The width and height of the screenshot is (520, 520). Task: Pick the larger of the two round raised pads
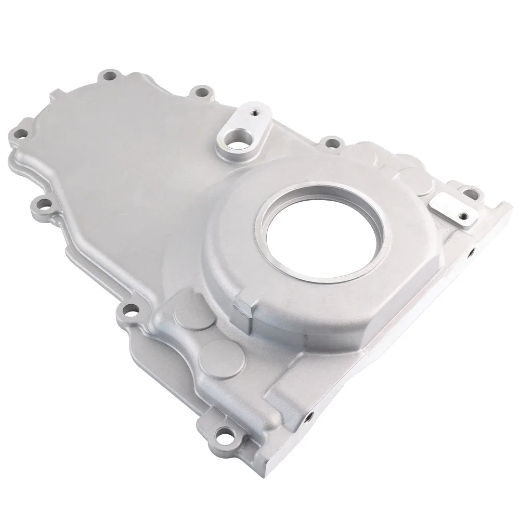click(223, 354)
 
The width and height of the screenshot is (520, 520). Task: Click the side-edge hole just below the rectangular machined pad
click(471, 253)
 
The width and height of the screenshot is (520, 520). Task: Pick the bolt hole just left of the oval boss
click(200, 95)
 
